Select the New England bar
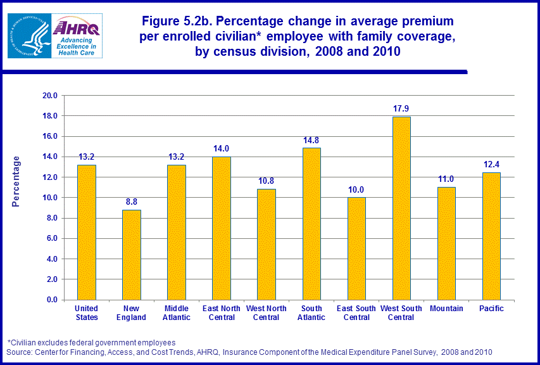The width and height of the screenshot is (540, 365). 131,254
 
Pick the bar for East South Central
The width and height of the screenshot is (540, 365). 356,248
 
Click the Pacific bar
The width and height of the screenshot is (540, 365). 491,236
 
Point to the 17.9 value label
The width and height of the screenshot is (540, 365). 401,108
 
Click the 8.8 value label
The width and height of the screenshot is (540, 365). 131,202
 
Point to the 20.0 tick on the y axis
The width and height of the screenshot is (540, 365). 49,96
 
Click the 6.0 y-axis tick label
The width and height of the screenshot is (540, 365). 51,238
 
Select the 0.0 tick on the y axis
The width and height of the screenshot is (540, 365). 51,300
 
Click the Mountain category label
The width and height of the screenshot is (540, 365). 446,309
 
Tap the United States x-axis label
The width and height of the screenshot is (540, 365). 86,313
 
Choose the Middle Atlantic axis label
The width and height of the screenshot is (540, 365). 176,313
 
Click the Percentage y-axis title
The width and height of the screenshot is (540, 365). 16,181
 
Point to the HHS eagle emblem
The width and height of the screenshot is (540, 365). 27,35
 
